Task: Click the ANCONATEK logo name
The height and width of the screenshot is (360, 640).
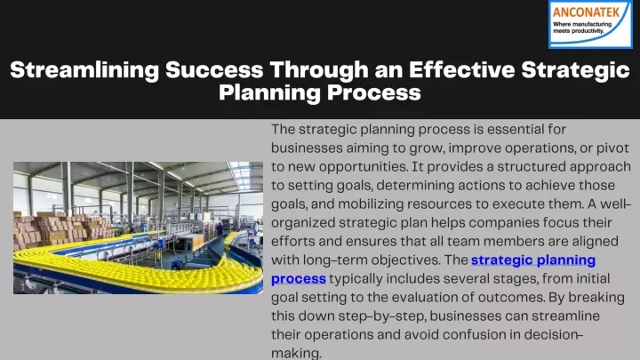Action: click(x=586, y=12)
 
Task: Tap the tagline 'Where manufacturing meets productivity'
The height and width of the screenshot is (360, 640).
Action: click(x=582, y=28)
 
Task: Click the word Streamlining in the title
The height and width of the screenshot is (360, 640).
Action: click(x=84, y=70)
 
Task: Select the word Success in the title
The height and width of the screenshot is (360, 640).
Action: click(x=214, y=70)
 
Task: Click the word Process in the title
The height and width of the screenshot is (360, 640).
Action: click(x=374, y=92)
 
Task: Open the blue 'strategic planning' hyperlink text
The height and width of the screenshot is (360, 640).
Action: click(x=533, y=260)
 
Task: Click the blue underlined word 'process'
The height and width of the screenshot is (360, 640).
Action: click(x=299, y=279)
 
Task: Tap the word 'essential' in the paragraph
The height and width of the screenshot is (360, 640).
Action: click(x=515, y=130)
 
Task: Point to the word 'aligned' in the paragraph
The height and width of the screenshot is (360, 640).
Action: click(x=595, y=241)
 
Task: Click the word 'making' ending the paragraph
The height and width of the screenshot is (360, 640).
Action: click(x=296, y=354)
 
